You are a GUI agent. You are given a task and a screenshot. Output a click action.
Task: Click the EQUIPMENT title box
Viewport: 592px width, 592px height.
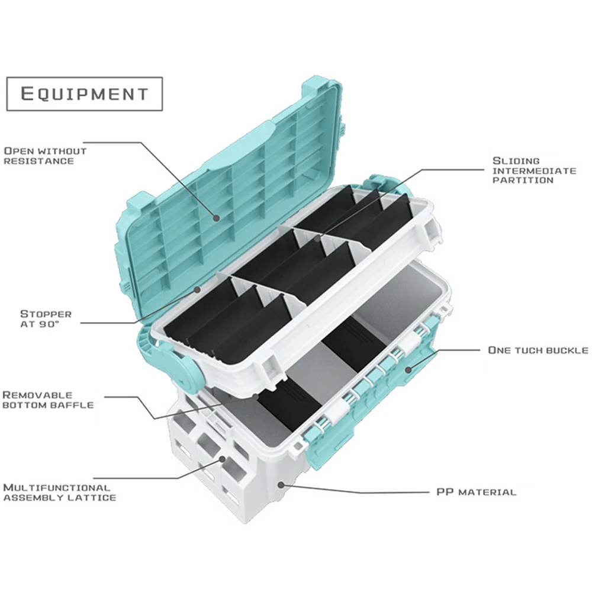(x=84, y=94)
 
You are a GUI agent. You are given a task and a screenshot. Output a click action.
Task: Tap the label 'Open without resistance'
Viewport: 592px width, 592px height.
(x=45, y=156)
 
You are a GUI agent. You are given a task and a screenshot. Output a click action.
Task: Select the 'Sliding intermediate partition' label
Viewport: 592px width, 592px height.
(x=534, y=170)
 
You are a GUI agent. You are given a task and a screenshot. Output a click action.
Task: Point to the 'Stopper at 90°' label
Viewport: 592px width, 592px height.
(x=46, y=318)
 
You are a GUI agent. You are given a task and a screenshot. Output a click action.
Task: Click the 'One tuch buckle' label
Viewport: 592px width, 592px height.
(x=538, y=350)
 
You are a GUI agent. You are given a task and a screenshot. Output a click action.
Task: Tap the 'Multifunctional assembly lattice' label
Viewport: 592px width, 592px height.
(x=59, y=492)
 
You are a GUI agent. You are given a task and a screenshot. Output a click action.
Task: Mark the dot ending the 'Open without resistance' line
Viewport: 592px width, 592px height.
(x=217, y=218)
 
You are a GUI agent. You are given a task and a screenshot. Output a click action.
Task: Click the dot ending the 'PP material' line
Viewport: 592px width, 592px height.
(x=282, y=484)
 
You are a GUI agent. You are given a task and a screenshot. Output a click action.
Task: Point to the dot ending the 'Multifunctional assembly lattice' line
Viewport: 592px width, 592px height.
(x=223, y=458)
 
